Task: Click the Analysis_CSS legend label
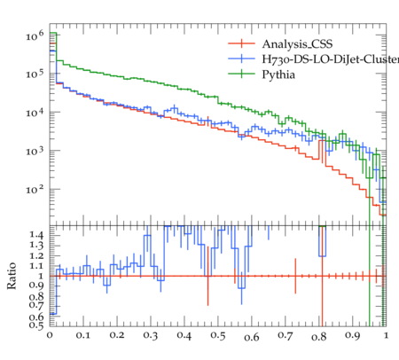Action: click(297, 44)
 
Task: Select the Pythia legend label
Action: click(278, 74)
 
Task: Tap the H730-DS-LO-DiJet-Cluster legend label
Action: click(331, 59)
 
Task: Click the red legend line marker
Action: click(241, 43)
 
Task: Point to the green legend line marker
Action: click(241, 74)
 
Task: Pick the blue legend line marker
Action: click(241, 59)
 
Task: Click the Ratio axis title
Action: click(12, 276)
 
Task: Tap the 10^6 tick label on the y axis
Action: click(35, 35)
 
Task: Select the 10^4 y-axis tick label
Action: click(35, 112)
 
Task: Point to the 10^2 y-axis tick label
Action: click(35, 189)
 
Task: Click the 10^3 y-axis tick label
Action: click(35, 151)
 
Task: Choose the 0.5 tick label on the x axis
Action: click(218, 336)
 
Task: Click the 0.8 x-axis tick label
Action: click(319, 336)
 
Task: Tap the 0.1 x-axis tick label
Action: click(83, 335)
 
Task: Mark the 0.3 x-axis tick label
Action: click(151, 336)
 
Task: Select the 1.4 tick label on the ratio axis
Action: click(36, 235)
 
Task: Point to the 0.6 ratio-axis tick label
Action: click(36, 317)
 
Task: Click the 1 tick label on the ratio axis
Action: click(41, 276)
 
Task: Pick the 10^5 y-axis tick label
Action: click(35, 74)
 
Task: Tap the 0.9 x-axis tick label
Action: click(353, 336)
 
